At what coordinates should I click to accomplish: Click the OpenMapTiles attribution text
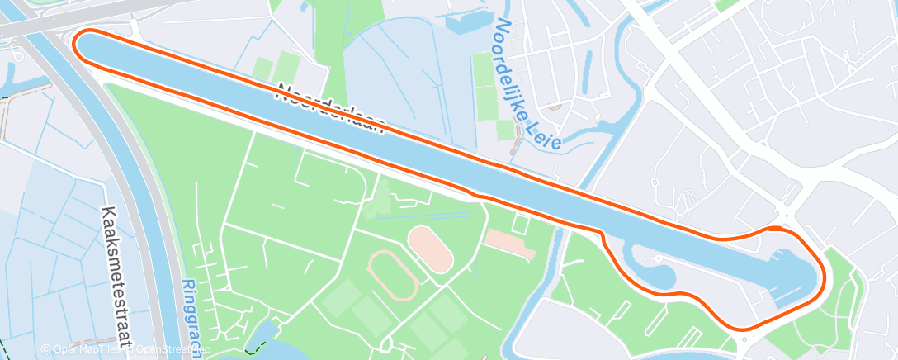pos(82,349)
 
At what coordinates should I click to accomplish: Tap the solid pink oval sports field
pos(430,249)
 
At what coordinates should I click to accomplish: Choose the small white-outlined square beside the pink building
pos(520,223)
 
